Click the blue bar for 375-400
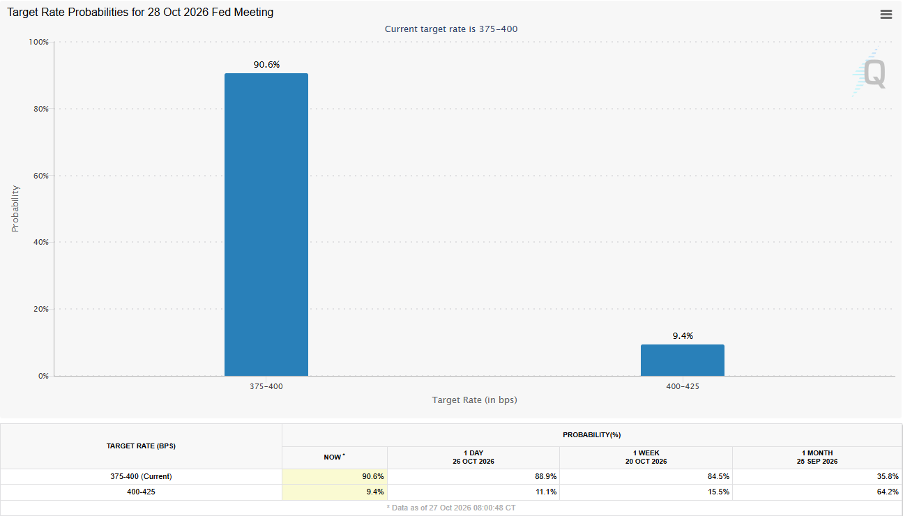click(266, 225)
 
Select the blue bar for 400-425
click(683, 361)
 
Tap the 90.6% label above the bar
click(266, 64)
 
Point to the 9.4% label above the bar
click(683, 336)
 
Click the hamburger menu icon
click(886, 15)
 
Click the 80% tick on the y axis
click(41, 109)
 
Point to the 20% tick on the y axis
click(41, 309)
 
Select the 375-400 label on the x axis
click(266, 386)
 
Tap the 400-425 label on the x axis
click(683, 386)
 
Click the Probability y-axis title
click(15, 208)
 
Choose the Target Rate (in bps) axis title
click(474, 400)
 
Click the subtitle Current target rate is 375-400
click(451, 29)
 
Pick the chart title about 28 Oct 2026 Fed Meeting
click(140, 13)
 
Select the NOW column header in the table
click(334, 457)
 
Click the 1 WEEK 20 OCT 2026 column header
click(646, 457)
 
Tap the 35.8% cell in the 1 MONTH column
click(888, 476)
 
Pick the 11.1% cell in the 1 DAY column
click(546, 492)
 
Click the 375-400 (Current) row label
click(141, 476)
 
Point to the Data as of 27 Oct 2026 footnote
click(451, 508)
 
